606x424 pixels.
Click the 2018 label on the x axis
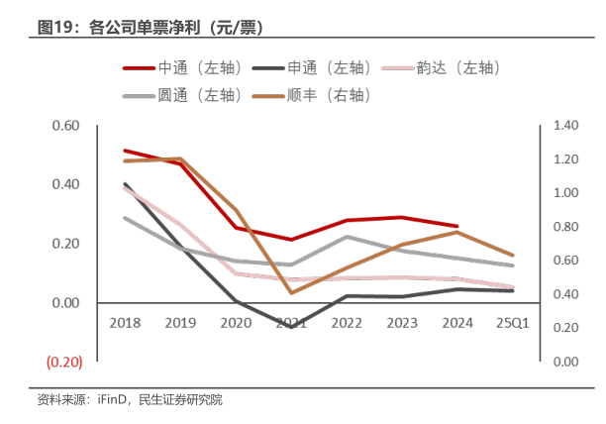tap(125, 322)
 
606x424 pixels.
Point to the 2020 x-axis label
tap(235, 322)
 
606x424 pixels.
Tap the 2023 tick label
tap(400, 322)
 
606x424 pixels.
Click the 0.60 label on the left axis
tap(64, 126)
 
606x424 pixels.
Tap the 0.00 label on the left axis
tap(64, 303)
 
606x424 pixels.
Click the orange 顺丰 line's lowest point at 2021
tap(291, 292)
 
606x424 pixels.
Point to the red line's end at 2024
tap(455, 226)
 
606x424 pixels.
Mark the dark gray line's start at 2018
tap(125, 184)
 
